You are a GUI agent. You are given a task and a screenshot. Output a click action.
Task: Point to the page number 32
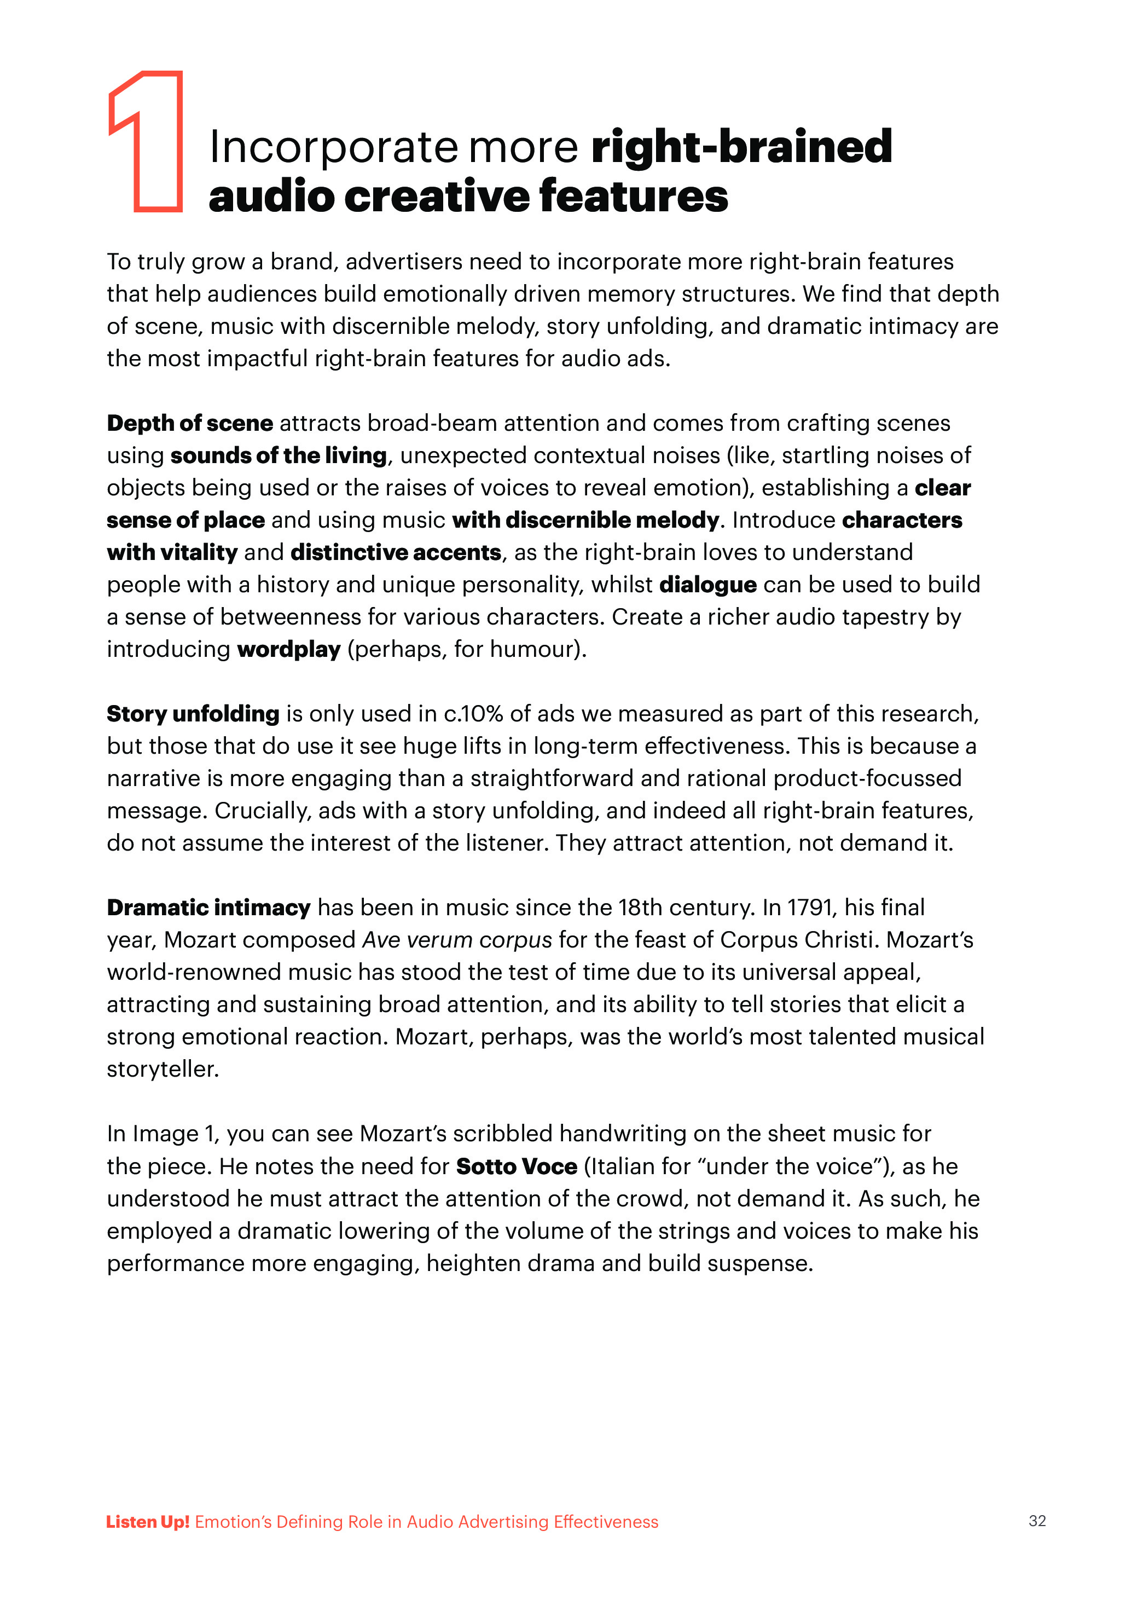(1037, 1521)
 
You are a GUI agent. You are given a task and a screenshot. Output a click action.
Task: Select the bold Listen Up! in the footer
(148, 1521)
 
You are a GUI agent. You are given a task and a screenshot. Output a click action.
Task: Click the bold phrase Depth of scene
(189, 423)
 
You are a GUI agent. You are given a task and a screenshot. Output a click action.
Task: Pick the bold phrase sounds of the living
(278, 455)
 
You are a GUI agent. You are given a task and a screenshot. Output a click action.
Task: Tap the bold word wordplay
(288, 649)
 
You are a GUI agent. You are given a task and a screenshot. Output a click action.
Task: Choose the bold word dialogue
(707, 584)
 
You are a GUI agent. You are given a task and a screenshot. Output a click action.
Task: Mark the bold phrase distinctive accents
(396, 552)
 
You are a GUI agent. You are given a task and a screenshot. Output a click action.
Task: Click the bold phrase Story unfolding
(193, 714)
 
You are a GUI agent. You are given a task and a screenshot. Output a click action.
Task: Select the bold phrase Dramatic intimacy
(208, 908)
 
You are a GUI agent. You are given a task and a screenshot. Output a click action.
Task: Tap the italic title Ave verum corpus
(457, 939)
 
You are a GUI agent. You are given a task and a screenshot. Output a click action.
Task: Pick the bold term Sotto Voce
(517, 1166)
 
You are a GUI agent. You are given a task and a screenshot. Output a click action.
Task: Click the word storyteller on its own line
(163, 1068)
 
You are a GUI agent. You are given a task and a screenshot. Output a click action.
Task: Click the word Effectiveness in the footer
(606, 1521)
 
